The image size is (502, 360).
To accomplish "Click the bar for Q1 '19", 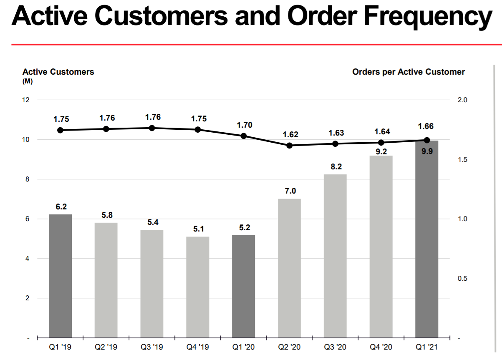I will [60, 276].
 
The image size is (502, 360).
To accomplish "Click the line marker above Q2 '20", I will [289, 146].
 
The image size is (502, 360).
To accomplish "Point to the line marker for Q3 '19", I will [152, 128].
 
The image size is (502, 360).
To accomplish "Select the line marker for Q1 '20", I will [244, 136].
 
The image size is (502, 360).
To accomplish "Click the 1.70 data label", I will [244, 125].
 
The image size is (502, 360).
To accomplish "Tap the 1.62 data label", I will [290, 135].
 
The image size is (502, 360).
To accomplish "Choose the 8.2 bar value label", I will [336, 166].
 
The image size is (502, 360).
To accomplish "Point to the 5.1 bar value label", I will [198, 229].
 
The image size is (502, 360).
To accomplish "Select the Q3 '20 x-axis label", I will [336, 347].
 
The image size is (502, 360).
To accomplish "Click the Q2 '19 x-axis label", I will [106, 347].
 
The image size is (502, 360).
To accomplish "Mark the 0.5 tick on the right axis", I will [462, 278].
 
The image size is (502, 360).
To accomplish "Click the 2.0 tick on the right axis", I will [462, 100].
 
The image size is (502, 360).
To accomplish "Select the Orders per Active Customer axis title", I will [408, 72].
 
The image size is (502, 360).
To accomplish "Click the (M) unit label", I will [28, 81].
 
